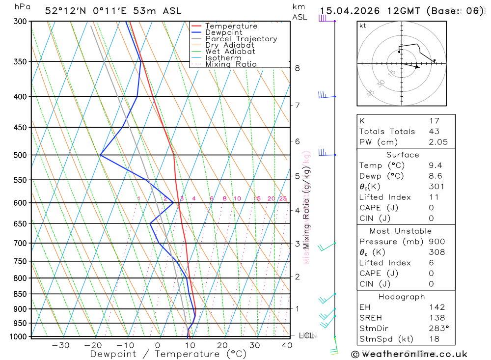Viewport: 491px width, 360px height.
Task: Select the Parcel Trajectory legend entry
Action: coord(241,39)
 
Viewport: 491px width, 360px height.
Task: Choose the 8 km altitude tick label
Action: coord(297,68)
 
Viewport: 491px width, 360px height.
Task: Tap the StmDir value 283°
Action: coord(437,329)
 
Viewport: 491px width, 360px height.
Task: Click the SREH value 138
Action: coord(436,318)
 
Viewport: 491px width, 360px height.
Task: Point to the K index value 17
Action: coord(434,121)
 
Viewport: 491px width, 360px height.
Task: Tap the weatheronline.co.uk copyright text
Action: coord(409,354)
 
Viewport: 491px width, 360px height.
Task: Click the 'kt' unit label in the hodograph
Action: coord(363,26)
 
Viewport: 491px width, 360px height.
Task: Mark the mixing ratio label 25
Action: coord(283,198)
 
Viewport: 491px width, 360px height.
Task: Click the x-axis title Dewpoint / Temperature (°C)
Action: coord(168,354)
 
